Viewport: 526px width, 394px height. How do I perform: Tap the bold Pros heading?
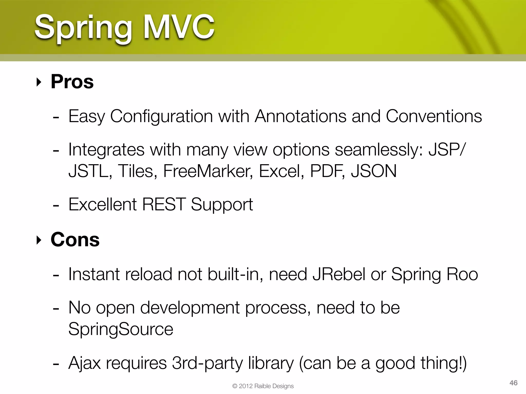tap(72, 82)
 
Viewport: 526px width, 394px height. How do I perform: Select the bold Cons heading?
tap(75, 240)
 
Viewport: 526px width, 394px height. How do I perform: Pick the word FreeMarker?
tap(208, 171)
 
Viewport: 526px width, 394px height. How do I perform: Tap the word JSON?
tap(374, 171)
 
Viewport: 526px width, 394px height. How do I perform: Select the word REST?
tap(164, 204)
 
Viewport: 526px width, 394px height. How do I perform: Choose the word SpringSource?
tap(121, 329)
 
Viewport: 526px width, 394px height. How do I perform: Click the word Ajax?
tap(84, 363)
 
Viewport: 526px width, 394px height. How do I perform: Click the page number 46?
tap(513, 383)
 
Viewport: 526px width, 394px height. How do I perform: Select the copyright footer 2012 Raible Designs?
tap(263, 386)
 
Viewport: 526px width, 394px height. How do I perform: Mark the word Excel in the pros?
tap(281, 171)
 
